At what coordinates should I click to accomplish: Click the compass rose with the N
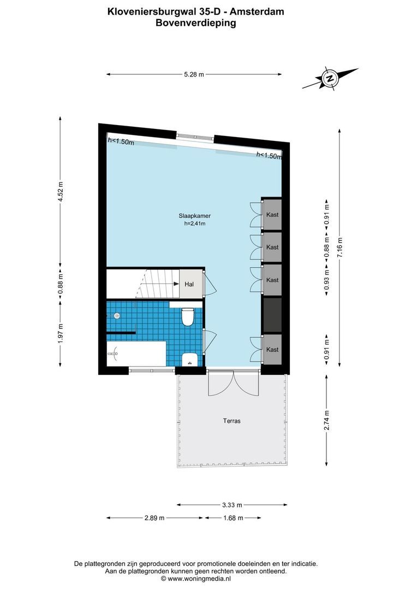pos(330,79)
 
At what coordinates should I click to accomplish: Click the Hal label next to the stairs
pos(189,284)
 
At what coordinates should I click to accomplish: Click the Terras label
pos(231,421)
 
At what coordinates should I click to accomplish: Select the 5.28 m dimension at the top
pos(193,75)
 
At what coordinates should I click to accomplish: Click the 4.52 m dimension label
pos(61,191)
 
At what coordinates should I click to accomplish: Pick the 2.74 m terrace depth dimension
pos(327,420)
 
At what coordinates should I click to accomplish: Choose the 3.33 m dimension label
pos(231,505)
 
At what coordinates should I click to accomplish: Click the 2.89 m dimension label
pos(154,518)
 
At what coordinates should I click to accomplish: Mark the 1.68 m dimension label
pos(233,518)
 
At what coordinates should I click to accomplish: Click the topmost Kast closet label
pos(272,215)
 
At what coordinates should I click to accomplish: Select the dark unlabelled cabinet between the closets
pos(272,315)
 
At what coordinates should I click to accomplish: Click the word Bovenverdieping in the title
pos(195,23)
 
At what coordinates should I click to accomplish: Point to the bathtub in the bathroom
pos(136,354)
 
